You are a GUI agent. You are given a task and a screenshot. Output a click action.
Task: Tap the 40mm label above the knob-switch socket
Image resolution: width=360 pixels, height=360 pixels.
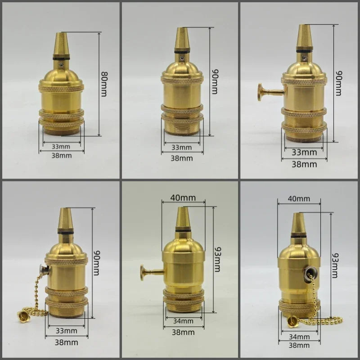click(x=183, y=198)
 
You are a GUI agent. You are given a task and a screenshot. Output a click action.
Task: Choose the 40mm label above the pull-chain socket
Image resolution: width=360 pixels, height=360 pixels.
click(x=299, y=198)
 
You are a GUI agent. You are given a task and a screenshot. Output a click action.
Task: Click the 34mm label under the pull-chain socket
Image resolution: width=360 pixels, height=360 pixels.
click(x=299, y=336)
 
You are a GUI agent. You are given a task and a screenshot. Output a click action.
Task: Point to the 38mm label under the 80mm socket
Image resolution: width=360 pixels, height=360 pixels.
click(x=62, y=155)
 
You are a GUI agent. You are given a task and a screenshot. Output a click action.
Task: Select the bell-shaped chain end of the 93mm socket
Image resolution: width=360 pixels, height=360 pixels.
click(x=292, y=321)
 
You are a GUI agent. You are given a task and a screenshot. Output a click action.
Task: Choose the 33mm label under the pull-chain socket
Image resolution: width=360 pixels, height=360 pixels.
click(x=66, y=330)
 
